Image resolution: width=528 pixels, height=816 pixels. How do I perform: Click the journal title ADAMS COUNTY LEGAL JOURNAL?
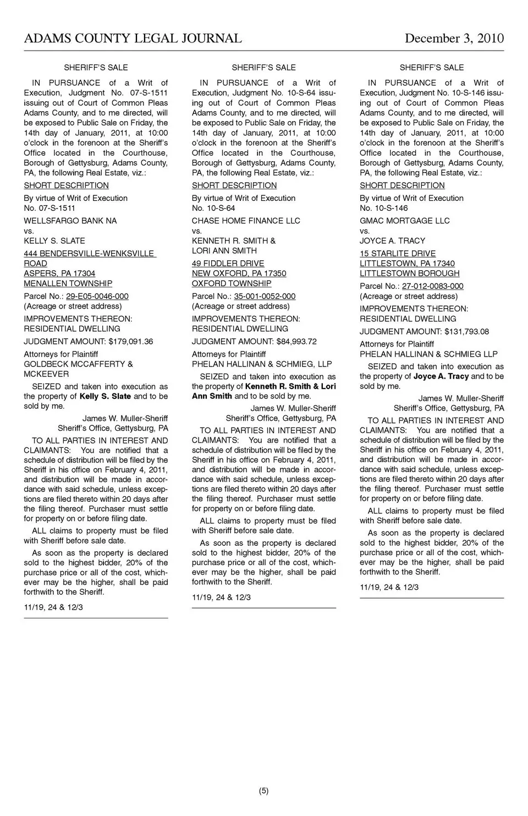coord(133,39)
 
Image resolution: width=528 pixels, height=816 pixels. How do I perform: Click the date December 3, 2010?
coord(454,39)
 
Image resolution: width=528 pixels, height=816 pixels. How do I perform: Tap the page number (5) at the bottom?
coord(263,791)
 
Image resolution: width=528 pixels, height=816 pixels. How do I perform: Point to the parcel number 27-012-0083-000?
coord(432,286)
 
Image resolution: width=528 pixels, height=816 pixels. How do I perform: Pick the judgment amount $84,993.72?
coord(296,342)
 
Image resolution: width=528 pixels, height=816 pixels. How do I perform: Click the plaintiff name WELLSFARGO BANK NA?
coord(70,221)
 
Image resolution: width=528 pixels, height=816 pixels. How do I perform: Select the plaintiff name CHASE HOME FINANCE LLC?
coord(246,221)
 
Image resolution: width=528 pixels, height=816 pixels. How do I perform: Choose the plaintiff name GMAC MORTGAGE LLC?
coord(404,221)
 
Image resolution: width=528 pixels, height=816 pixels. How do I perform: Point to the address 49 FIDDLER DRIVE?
coord(228,264)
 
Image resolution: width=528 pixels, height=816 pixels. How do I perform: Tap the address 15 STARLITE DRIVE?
coord(398,254)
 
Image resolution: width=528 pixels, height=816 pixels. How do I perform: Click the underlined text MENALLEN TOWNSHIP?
coord(68,283)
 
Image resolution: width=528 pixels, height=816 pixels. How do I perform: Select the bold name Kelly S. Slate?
coord(105,396)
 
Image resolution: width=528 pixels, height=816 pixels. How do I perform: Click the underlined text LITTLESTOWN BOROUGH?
coord(409,273)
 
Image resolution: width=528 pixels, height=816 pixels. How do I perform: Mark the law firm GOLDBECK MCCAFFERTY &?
coord(78,364)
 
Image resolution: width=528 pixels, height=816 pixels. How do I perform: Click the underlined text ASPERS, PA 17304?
coord(59,273)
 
